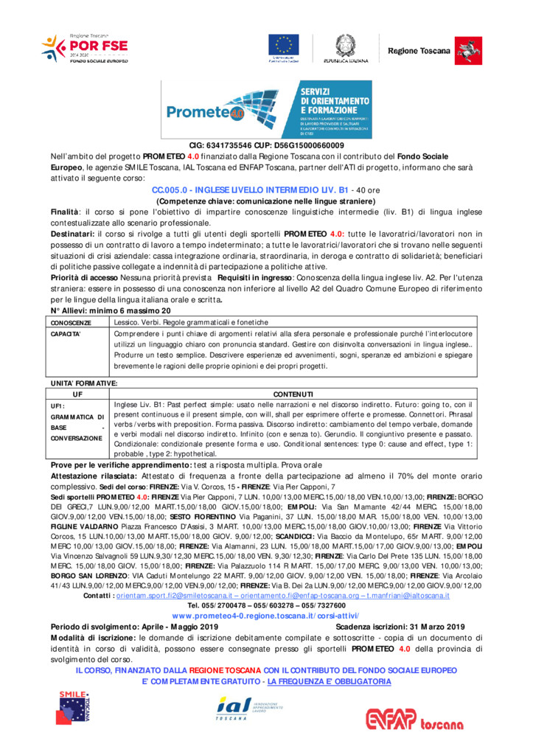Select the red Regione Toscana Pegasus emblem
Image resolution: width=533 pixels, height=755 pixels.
click(464, 49)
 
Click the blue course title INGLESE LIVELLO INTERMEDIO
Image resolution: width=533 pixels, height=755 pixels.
click(250, 189)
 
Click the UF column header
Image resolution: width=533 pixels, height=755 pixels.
click(78, 394)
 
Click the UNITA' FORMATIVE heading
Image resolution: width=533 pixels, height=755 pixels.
click(83, 383)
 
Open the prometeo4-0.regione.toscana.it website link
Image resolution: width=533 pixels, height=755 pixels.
click(266, 614)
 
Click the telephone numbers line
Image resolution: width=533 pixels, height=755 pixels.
click(266, 605)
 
